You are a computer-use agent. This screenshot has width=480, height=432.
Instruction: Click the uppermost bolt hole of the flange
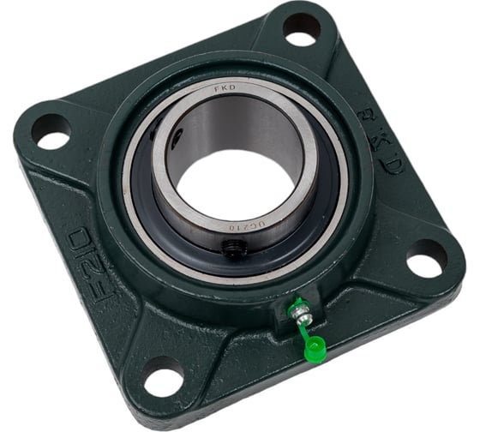point(301,29)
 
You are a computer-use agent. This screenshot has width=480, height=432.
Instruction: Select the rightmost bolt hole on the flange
point(426,258)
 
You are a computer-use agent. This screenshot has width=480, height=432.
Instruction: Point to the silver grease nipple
point(300,318)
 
